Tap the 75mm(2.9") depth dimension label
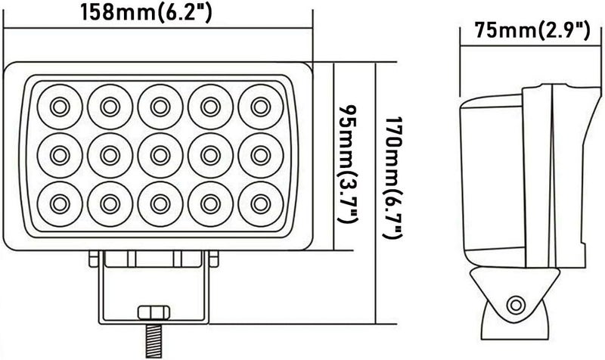click(x=529, y=31)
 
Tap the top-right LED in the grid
click(x=261, y=105)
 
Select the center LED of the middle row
click(x=160, y=154)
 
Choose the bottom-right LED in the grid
click(x=261, y=203)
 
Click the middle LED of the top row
click(x=160, y=105)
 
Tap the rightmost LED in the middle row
click(x=261, y=154)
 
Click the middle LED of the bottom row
click(x=160, y=203)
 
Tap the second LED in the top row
click(x=109, y=105)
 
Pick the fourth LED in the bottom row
click(x=210, y=203)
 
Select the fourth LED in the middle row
click(x=210, y=154)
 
